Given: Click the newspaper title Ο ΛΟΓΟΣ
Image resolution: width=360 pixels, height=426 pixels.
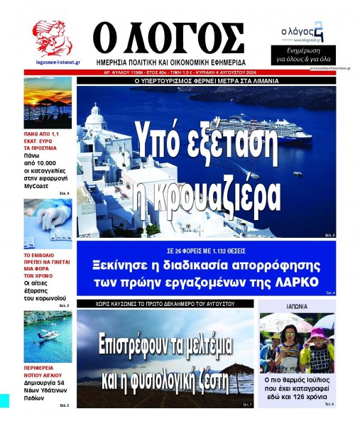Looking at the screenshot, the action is (168, 37).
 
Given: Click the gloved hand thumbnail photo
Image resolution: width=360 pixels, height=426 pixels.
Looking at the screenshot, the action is (48, 222).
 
